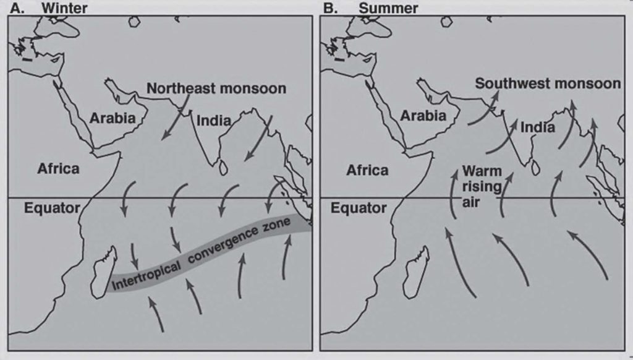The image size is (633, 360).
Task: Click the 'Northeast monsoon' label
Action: pyautogui.click(x=216, y=88)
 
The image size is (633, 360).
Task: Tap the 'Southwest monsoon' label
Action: pyautogui.click(x=548, y=84)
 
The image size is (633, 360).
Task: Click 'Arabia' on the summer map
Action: pyautogui.click(x=423, y=115)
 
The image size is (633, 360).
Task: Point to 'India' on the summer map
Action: pyautogui.click(x=537, y=127)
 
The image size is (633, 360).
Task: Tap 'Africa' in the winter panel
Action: pyautogui.click(x=58, y=168)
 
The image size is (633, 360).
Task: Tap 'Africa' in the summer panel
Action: pyautogui.click(x=367, y=170)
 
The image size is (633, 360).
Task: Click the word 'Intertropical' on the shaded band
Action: pyautogui.click(x=145, y=275)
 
